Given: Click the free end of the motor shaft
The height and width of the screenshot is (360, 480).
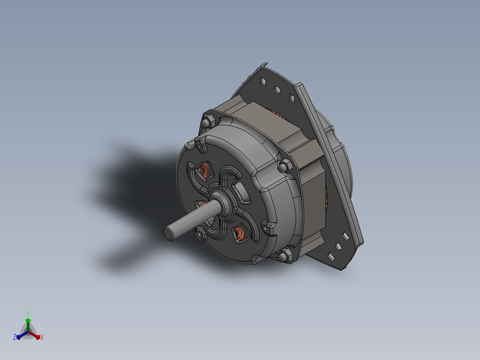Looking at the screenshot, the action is tap(169, 233).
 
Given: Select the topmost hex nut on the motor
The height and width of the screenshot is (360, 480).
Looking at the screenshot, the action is tap(207, 122).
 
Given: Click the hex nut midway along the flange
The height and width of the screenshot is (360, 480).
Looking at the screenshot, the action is tap(285, 166).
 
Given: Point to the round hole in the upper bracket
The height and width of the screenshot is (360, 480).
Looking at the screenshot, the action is tap(278, 90).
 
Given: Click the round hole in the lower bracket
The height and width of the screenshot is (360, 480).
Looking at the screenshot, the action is tap(338, 246).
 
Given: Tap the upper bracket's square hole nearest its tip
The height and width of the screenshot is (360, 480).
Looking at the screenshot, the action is tap(263, 82).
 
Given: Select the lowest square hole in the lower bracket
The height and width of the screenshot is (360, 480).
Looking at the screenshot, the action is tap(331, 257).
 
